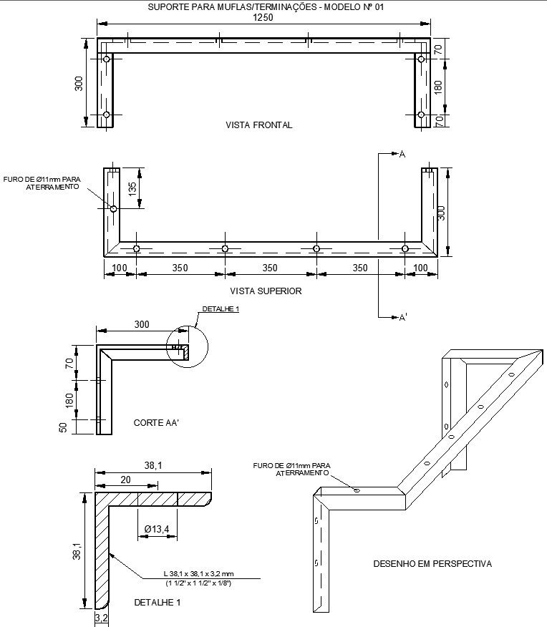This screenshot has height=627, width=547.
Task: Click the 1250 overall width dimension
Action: tap(263, 18)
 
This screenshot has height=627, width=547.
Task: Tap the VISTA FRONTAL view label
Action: tap(258, 125)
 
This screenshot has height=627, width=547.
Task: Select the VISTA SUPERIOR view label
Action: tap(266, 291)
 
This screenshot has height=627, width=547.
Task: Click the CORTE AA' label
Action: tap(156, 423)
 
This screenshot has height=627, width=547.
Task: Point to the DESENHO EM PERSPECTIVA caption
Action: tap(432, 563)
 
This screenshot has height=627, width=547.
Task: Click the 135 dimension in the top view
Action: tap(132, 189)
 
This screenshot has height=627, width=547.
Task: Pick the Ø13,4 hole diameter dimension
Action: tap(156, 529)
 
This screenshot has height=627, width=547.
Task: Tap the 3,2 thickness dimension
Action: tap(101, 617)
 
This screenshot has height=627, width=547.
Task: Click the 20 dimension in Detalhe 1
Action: tap(126, 480)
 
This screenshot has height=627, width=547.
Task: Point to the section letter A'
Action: tap(402, 317)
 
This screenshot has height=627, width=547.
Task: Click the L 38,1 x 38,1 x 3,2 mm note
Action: tap(203, 574)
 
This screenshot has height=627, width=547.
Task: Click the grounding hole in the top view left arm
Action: tap(113, 209)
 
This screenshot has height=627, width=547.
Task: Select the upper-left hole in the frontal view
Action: tap(107, 59)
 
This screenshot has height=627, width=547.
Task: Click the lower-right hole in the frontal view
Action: tap(421, 115)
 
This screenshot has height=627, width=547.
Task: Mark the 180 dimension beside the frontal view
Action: tap(438, 87)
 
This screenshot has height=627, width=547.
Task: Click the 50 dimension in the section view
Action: tap(63, 427)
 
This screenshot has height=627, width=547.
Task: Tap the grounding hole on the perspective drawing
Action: tap(356, 490)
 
